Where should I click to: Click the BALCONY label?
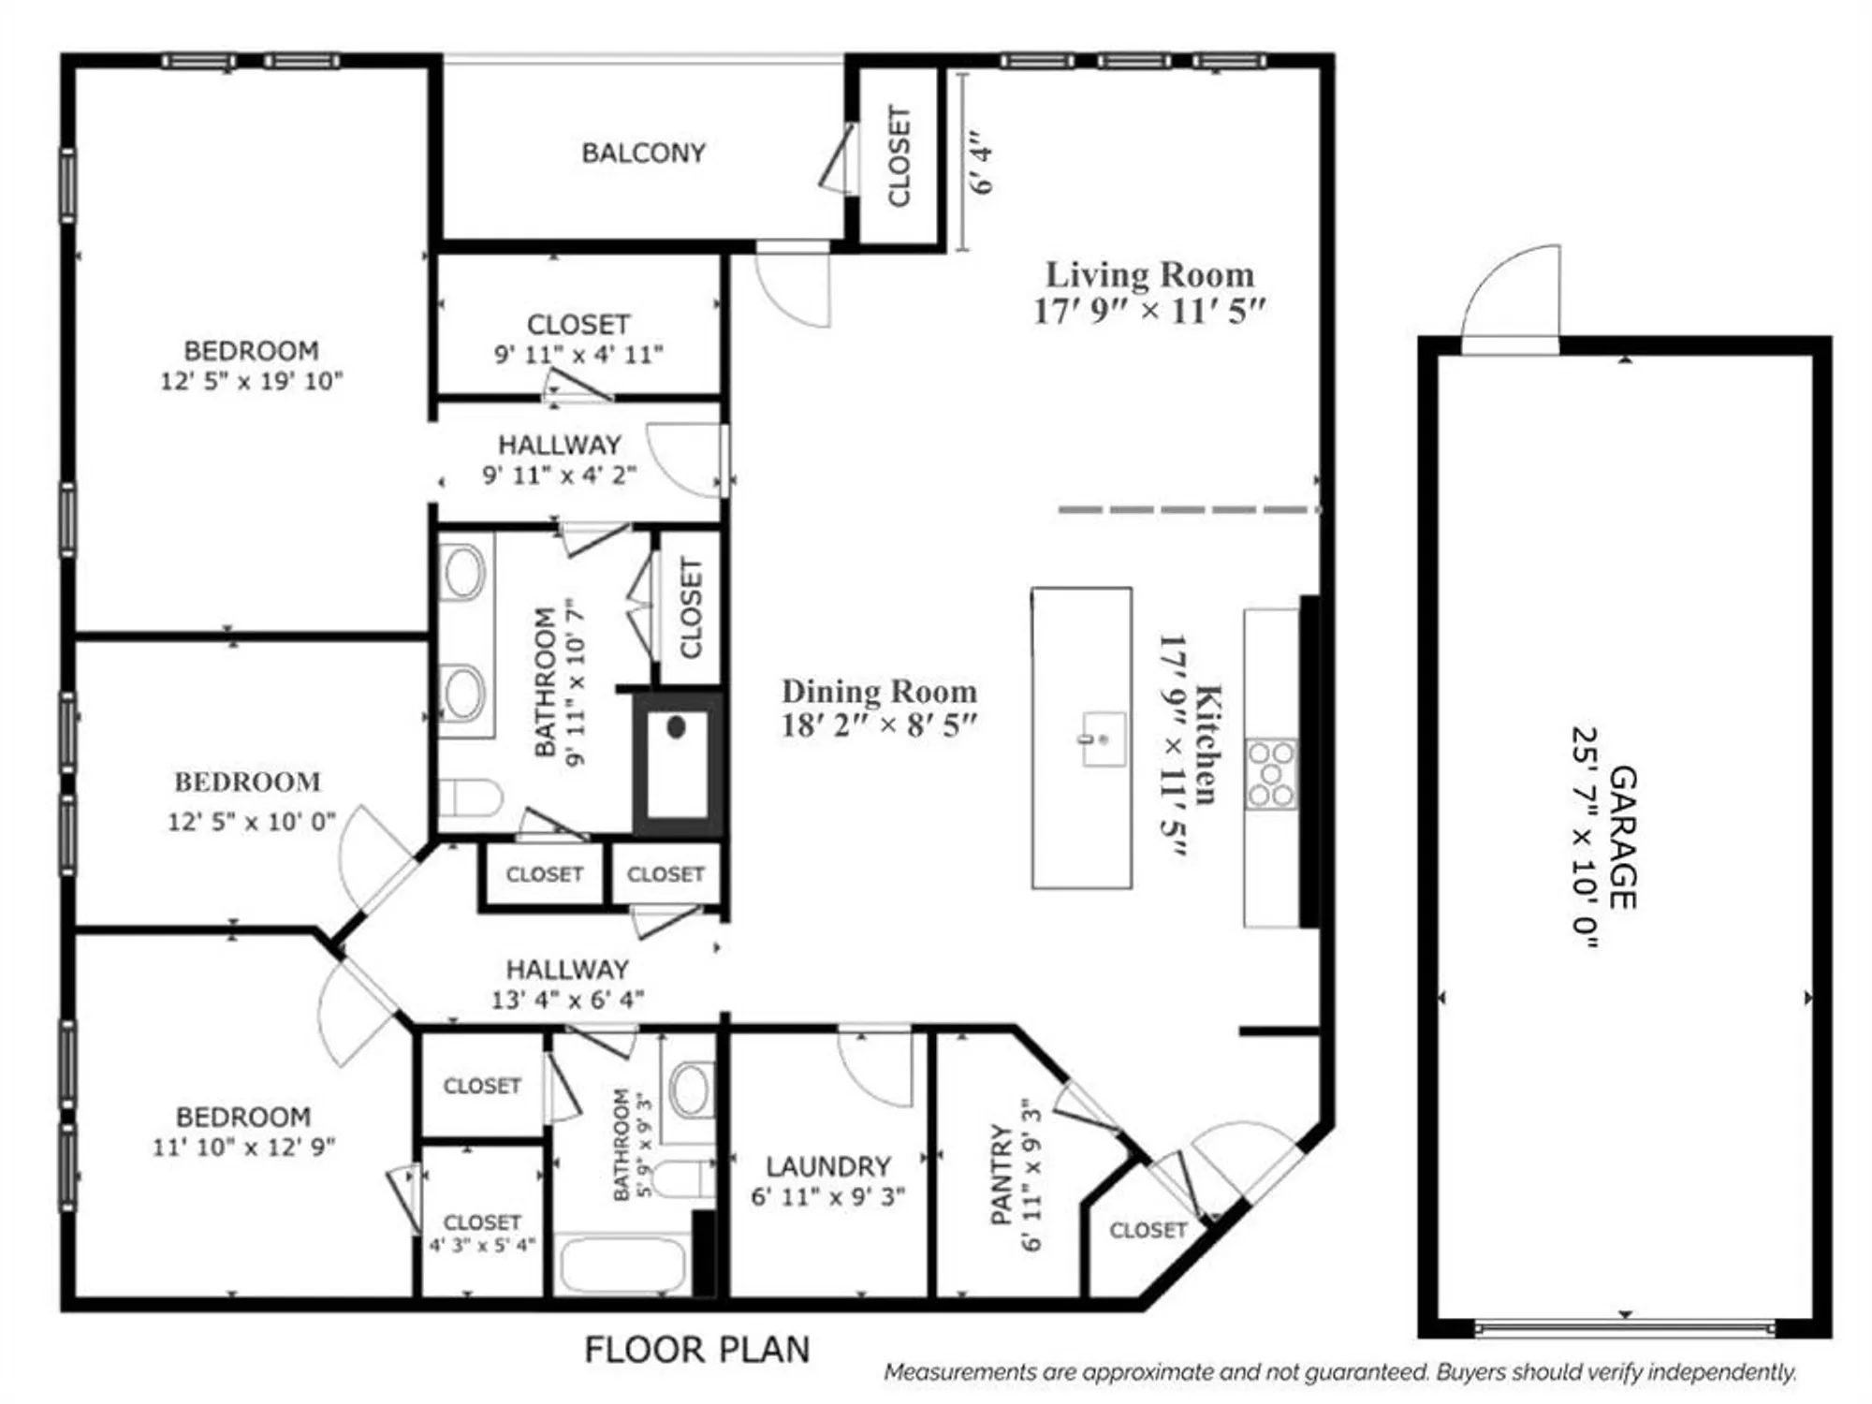643,153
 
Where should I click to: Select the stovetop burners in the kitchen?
1271,774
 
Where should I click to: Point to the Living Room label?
1149,275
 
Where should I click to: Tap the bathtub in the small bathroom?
623,1265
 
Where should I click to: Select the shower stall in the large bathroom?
677,764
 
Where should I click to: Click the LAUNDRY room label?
827,1166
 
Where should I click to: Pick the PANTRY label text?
1002,1176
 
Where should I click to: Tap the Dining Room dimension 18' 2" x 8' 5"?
879,725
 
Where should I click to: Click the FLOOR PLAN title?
697,1350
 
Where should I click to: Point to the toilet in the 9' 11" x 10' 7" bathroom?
469,798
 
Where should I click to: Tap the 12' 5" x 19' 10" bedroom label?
252,366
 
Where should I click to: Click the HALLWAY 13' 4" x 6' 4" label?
567,984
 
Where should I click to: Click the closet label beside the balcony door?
899,155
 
